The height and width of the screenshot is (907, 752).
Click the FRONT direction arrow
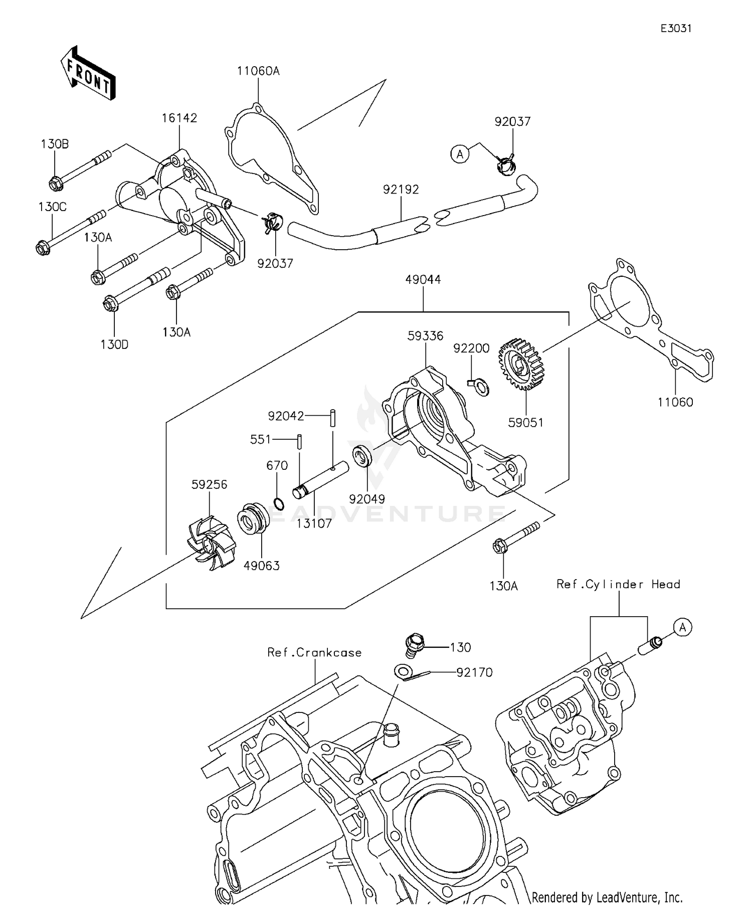[88, 73]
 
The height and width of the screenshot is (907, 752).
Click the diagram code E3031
[675, 29]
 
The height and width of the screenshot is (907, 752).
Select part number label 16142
[179, 118]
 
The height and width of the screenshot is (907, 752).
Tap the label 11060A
[258, 71]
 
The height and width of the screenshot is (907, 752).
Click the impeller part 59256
[211, 545]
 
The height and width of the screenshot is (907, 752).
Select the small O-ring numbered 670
[279, 503]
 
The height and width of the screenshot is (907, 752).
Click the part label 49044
[423, 279]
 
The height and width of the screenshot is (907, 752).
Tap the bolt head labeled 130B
[56, 184]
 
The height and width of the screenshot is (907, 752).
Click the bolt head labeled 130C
[44, 248]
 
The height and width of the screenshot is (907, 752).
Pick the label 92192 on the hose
[401, 190]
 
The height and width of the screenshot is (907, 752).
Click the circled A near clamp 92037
[460, 154]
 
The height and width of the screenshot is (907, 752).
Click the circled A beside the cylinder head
[682, 627]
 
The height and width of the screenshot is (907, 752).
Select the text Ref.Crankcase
[314, 652]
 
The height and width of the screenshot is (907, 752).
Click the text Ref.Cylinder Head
[618, 584]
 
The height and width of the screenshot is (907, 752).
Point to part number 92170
[474, 672]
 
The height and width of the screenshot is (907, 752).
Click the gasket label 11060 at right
[675, 402]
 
